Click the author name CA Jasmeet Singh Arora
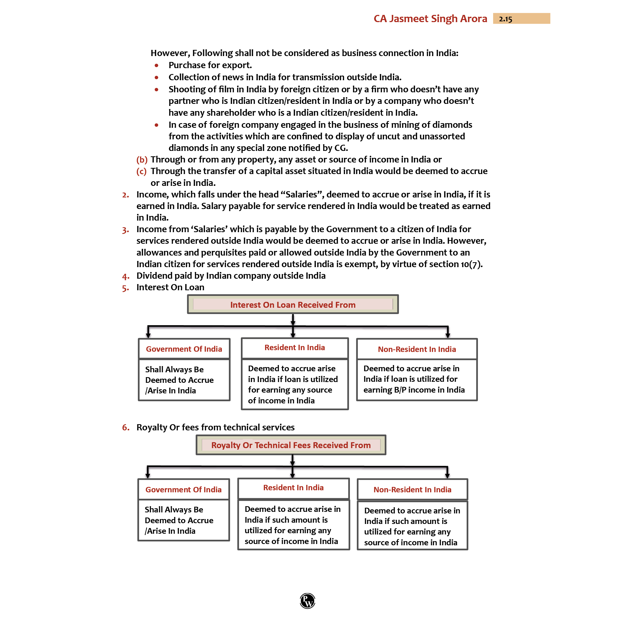[430, 19]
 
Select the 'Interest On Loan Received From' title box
[293, 304]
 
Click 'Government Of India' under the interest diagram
[184, 349]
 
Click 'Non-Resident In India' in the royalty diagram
[412, 489]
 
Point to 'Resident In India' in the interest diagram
[294, 348]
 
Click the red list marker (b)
[142, 159]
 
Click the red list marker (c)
[141, 171]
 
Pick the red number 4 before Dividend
[125, 276]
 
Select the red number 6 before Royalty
[125, 427]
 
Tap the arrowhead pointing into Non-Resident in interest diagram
[448, 335]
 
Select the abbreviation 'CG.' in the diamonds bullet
[341, 148]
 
